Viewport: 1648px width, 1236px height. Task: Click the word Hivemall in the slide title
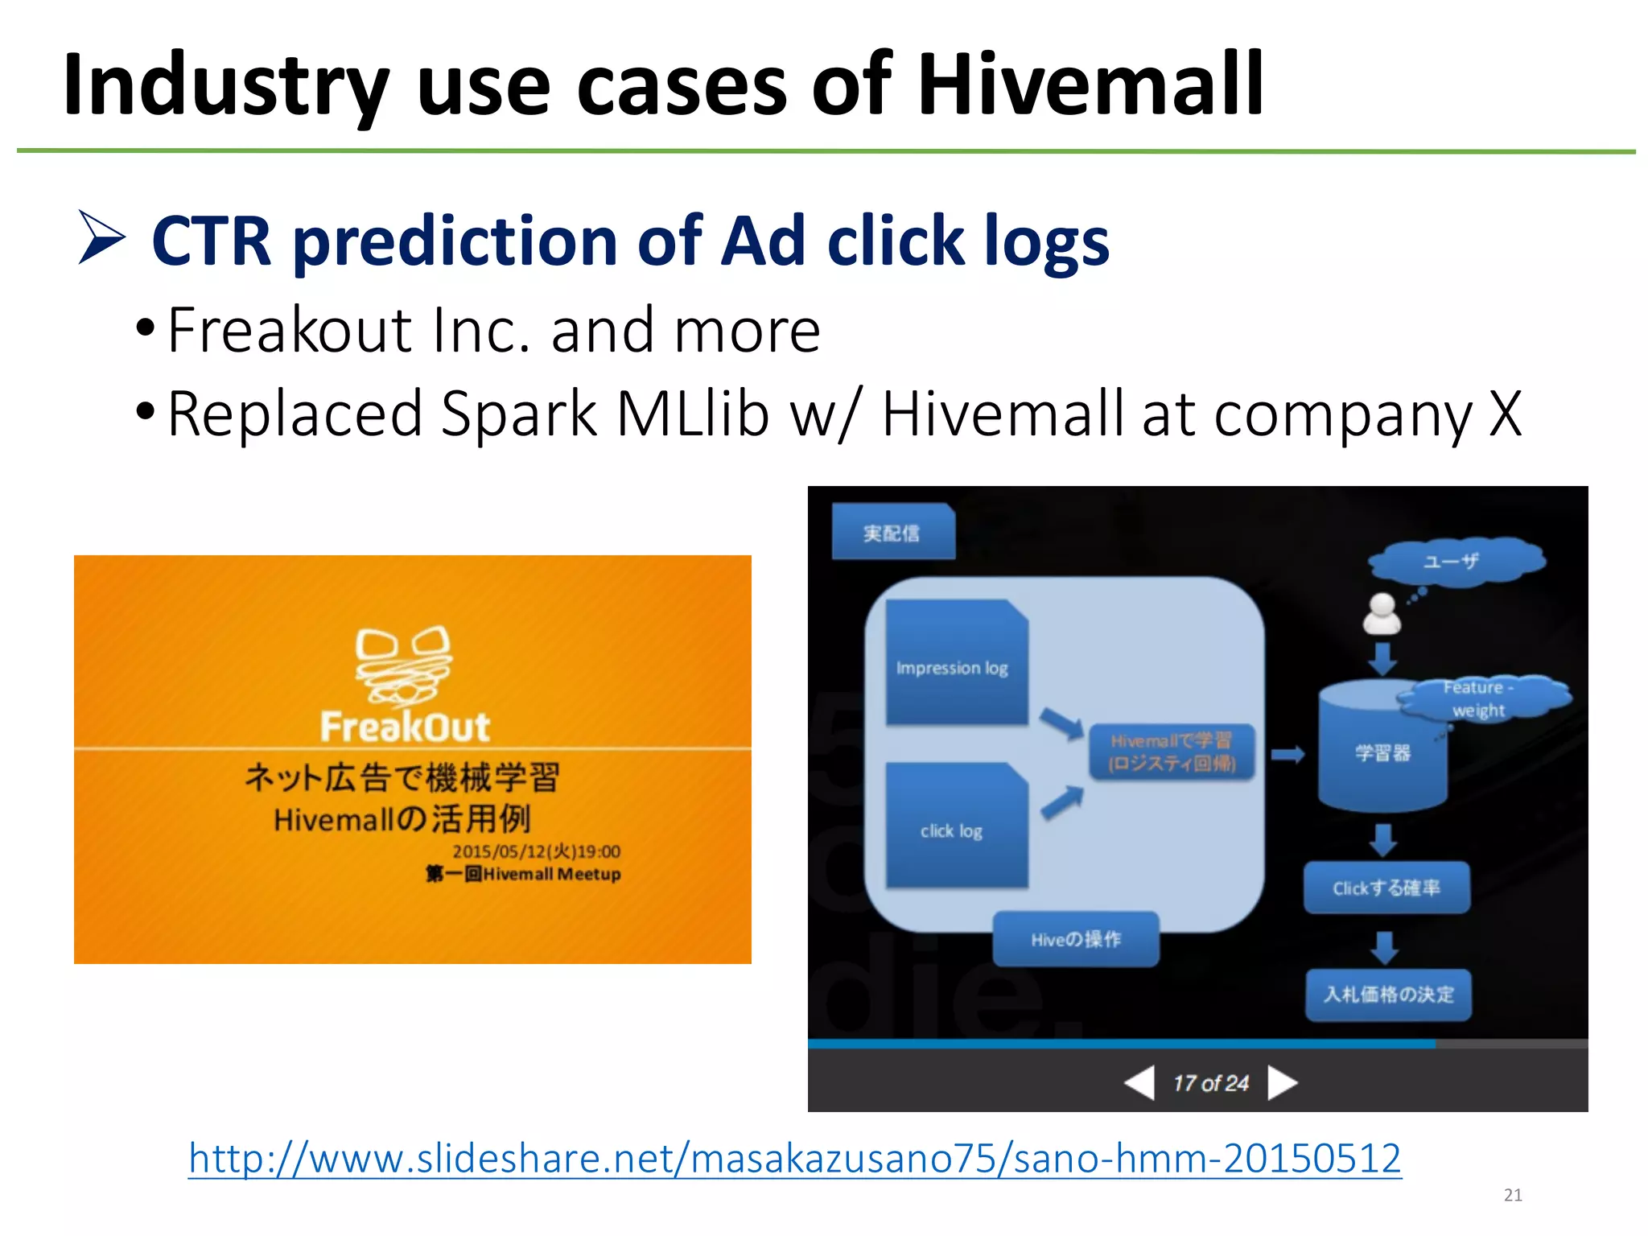pos(1090,84)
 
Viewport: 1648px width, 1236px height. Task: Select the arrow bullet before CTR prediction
pos(101,237)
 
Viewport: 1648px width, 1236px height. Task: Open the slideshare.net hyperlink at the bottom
pos(794,1159)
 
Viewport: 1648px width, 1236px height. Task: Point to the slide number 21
pos(1513,1195)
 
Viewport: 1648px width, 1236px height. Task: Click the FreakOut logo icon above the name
pos(404,665)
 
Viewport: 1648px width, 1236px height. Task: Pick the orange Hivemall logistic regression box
pos(1172,752)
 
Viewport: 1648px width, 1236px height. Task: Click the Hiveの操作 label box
pos(1076,938)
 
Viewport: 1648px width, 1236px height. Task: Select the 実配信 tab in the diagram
pos(892,533)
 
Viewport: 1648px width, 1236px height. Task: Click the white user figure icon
pos(1382,615)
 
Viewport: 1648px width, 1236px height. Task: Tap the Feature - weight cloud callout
pos(1481,698)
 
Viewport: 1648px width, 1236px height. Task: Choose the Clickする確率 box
pos(1386,888)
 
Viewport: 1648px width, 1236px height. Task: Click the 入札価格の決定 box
pos(1388,995)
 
